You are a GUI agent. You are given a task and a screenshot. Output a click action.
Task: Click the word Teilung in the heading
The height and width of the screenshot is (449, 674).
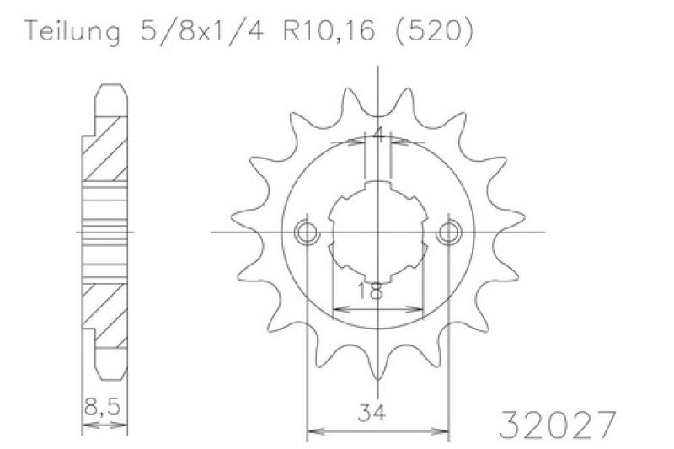pos(73,31)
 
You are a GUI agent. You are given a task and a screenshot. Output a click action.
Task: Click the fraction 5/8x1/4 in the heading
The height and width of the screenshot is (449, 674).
pos(201,31)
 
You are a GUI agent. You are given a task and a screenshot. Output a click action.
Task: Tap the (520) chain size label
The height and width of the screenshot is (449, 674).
pos(434,31)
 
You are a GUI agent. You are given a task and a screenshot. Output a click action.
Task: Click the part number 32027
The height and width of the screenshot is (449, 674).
pos(558,425)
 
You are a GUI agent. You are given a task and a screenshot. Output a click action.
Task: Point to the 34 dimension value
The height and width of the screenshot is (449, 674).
pos(372,413)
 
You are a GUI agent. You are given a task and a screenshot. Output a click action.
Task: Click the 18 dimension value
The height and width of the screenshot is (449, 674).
pos(370,291)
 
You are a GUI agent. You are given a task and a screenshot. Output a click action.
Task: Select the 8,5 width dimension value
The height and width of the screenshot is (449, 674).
pos(102,407)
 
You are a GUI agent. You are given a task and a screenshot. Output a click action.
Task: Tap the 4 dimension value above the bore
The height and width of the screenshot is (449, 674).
pos(378,135)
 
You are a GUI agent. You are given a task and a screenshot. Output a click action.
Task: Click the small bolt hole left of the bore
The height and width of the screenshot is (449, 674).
pos(307,233)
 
